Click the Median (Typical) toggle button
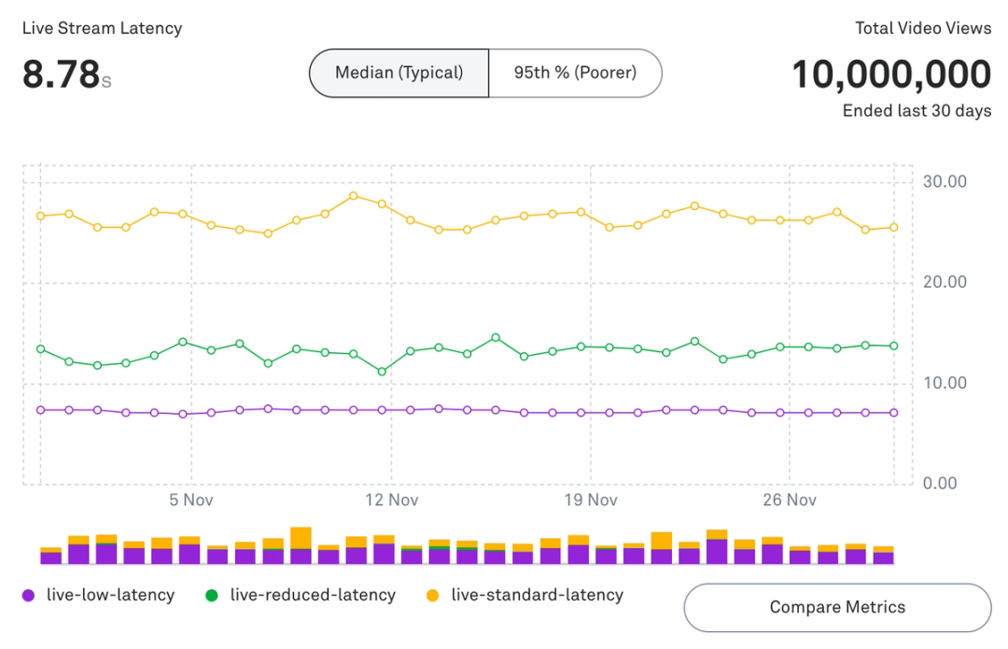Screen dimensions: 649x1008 point(399,73)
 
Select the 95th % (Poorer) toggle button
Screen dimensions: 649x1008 point(575,73)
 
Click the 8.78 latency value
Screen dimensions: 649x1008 point(61,75)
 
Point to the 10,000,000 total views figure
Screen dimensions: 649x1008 point(891,75)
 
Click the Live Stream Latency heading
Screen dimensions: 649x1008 point(102,28)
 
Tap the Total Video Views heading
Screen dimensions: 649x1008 point(923,28)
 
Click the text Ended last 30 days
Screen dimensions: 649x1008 point(917,111)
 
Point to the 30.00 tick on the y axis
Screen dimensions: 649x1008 point(945,181)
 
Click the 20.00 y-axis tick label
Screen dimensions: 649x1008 point(945,282)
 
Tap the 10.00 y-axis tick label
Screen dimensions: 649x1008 point(945,383)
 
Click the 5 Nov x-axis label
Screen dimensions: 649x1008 point(191,501)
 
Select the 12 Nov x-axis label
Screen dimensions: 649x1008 point(391,501)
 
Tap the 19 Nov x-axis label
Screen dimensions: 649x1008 point(590,501)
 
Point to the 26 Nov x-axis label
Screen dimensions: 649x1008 point(789,501)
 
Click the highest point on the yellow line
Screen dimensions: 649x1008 point(354,196)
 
